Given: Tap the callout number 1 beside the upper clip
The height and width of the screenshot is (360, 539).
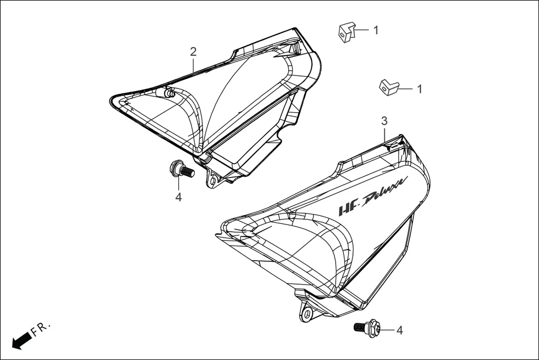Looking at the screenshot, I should tap(376, 30).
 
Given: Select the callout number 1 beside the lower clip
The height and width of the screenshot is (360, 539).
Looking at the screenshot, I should tap(419, 89).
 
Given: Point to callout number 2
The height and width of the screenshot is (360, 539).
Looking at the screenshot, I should tap(193, 52).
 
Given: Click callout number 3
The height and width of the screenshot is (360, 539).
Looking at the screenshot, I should tap(384, 121).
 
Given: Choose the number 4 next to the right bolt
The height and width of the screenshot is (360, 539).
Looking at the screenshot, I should tap(399, 330).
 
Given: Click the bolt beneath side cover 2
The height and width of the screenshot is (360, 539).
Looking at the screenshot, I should tap(182, 169).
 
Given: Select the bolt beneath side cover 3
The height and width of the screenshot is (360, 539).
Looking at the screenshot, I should tap(366, 328).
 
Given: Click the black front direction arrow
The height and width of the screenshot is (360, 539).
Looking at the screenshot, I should tap(21, 340).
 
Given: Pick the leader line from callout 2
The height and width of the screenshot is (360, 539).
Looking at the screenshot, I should tap(193, 65).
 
